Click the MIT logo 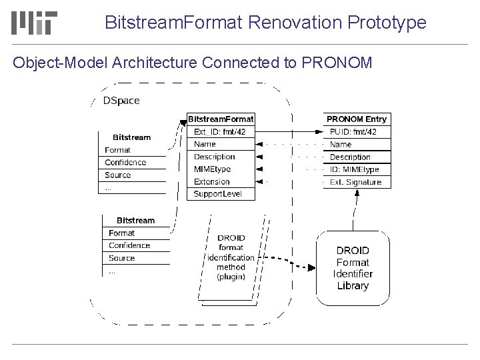point(35,23)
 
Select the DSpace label point(121,101)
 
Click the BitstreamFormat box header point(220,119)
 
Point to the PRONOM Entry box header point(356,119)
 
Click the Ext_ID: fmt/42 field point(219,131)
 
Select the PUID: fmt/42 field point(353,131)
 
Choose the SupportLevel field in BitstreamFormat point(217,194)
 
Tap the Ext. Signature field point(356,182)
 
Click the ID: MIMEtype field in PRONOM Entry point(355,169)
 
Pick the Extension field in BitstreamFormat point(211,181)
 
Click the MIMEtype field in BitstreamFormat point(212,169)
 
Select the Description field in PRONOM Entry point(350,157)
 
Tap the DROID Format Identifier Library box point(353,268)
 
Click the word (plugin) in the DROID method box point(231,276)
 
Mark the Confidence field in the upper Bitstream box point(125,162)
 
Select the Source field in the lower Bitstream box point(121,258)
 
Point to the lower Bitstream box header point(135,220)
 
